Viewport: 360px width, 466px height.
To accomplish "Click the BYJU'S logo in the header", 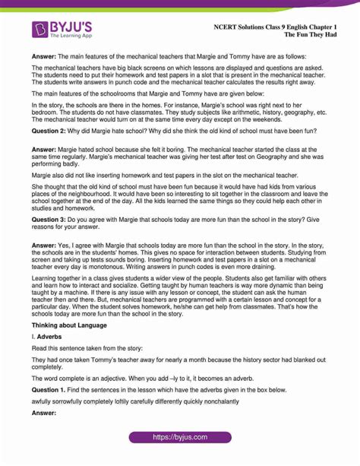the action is pos(63,30).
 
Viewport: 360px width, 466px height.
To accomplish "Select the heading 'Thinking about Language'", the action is pos(69,325).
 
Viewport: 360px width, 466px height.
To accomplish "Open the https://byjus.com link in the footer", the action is pos(180,438).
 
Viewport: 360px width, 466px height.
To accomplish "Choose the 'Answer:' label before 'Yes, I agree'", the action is pos(46,246).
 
